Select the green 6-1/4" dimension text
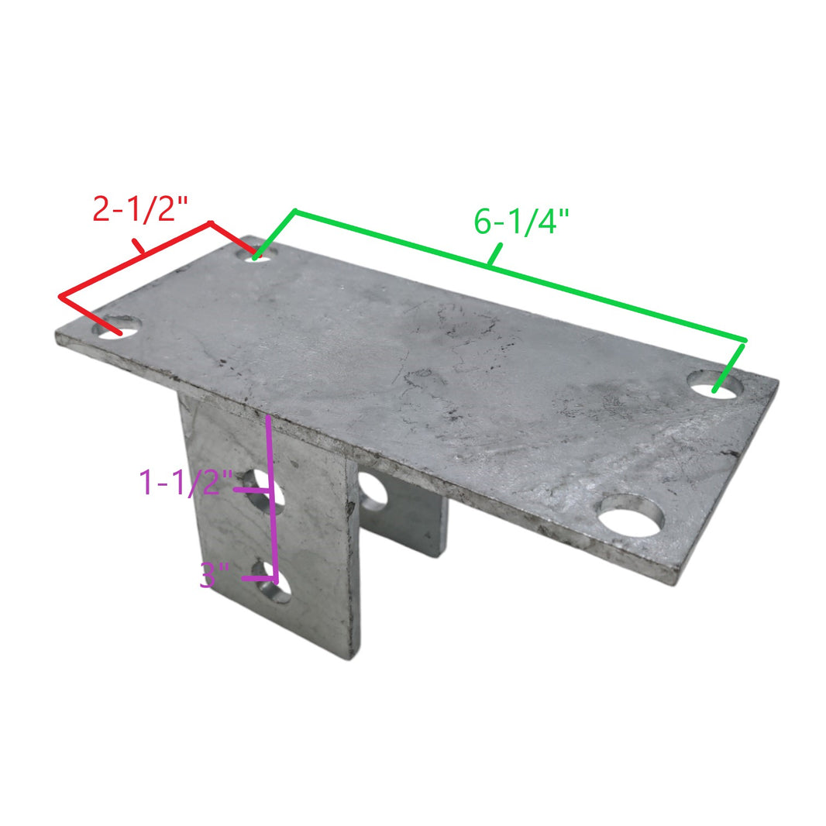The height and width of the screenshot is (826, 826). [521, 222]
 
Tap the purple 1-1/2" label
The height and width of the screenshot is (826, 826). [185, 484]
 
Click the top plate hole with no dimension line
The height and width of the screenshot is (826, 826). [632, 517]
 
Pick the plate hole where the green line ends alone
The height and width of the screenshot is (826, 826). [715, 384]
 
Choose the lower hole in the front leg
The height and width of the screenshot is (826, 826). [273, 587]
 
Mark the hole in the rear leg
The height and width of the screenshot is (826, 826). [373, 492]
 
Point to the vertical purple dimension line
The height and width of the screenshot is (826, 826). [271, 496]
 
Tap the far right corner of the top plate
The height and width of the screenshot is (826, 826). [777, 381]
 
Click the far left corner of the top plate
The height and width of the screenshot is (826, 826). [57, 335]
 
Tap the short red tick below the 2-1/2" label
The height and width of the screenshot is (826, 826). [139, 246]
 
